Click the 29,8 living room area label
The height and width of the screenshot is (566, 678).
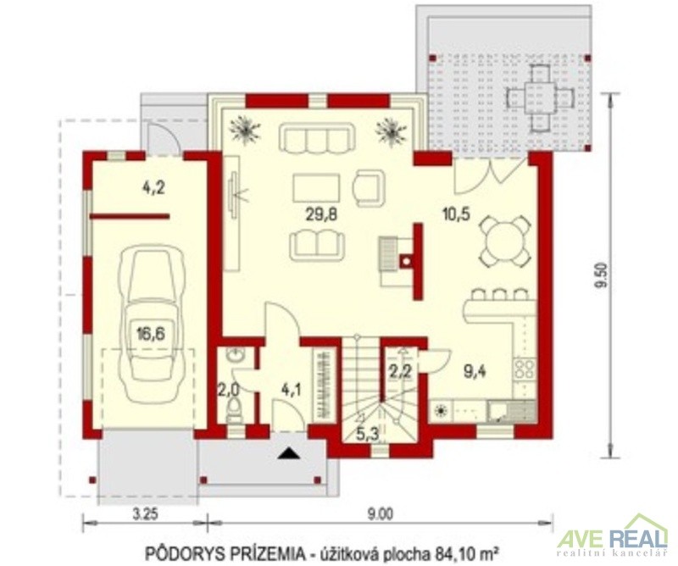(321, 215)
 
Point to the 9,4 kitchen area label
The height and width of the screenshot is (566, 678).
(475, 371)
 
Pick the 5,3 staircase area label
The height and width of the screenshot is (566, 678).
(369, 434)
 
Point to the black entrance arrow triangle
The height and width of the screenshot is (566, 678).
(289, 453)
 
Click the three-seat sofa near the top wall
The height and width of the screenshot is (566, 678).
(317, 137)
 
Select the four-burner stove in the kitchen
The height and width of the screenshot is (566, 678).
(525, 370)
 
